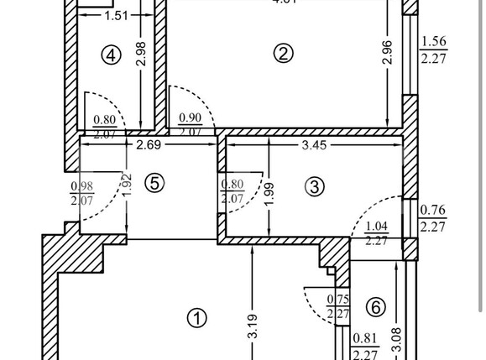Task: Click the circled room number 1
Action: click(196, 318)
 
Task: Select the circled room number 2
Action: click(284, 54)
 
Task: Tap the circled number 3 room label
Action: click(314, 186)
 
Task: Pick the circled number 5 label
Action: click(153, 183)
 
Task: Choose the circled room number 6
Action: click(375, 308)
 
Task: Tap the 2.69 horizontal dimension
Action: click(149, 144)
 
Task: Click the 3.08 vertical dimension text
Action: click(397, 339)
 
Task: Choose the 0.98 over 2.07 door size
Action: click(82, 193)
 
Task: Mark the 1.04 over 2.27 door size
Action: click(376, 232)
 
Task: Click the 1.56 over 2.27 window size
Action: click(433, 50)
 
